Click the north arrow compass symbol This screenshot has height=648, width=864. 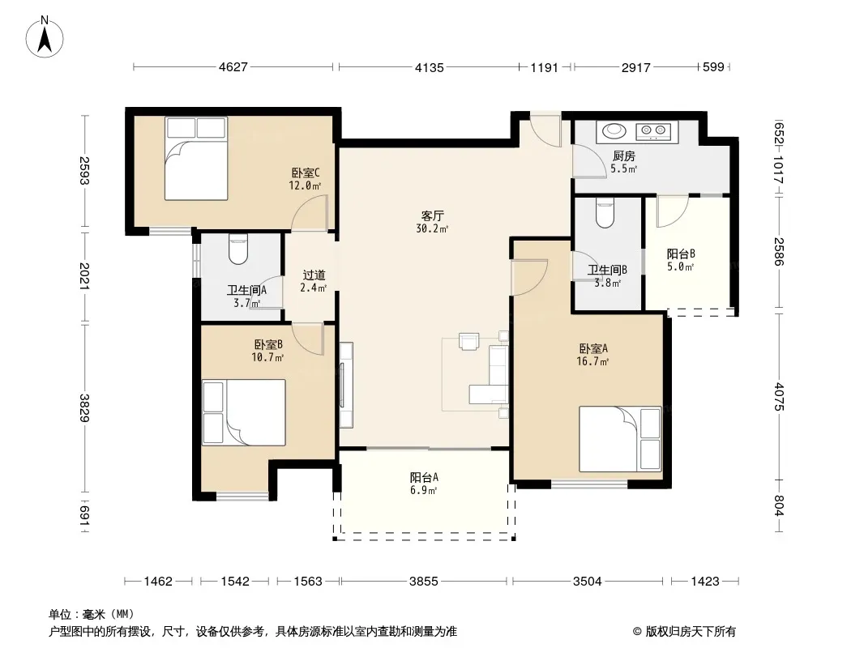(x=45, y=37)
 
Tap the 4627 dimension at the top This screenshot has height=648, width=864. (x=233, y=67)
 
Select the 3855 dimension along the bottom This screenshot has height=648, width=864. (x=423, y=581)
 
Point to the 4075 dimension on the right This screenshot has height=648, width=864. (x=778, y=396)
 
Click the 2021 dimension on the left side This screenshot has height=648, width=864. (x=84, y=276)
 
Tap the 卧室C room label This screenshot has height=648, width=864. (x=306, y=173)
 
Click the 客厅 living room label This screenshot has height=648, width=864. (x=433, y=215)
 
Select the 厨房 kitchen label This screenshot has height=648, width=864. (x=624, y=156)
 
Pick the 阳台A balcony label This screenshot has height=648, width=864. (x=424, y=477)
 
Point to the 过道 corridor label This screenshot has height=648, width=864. (x=314, y=275)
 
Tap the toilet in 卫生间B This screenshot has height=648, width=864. (x=605, y=213)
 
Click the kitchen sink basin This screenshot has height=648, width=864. (x=614, y=131)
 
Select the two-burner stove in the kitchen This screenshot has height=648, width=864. (x=653, y=131)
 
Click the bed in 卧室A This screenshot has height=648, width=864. (x=620, y=439)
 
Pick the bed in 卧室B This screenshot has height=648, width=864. (x=243, y=412)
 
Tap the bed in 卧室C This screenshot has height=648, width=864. (x=196, y=159)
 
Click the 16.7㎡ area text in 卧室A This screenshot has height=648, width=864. (x=592, y=362)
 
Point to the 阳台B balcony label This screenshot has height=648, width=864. (x=681, y=254)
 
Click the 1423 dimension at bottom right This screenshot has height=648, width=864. (x=705, y=581)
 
